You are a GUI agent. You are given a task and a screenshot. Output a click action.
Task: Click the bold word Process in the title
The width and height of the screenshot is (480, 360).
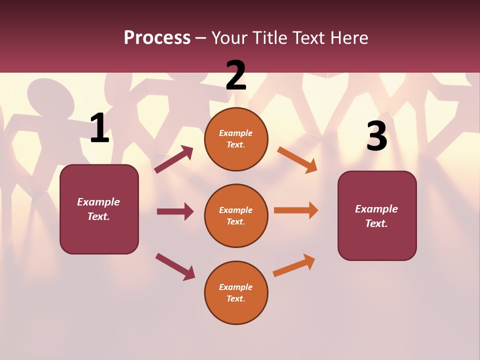tap(157, 37)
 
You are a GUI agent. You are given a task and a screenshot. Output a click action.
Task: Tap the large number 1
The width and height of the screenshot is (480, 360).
tap(99, 128)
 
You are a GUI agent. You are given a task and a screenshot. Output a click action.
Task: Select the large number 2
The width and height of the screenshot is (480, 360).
tap(236, 75)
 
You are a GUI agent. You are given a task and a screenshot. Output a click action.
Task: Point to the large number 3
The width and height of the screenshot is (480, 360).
tap(376, 136)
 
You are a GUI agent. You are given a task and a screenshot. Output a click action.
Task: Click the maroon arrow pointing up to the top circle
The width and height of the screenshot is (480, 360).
tap(174, 159)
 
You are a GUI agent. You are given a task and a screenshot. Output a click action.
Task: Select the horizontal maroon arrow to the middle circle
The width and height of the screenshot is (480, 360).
tap(175, 211)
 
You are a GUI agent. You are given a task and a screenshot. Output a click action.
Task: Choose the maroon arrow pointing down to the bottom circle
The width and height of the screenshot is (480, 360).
tap(175, 266)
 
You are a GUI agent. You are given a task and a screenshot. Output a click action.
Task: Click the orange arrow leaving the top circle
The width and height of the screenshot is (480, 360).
tap(297, 159)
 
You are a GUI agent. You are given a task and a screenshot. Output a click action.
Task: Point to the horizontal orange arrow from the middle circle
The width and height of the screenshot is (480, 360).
tap(295, 210)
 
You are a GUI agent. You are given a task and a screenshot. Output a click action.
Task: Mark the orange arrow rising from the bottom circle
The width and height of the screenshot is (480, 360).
tap(294, 265)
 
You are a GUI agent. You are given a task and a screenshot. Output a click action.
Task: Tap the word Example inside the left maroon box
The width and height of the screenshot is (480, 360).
tap(98, 202)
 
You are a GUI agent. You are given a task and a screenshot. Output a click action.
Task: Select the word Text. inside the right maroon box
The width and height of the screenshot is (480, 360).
tap(376, 223)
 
